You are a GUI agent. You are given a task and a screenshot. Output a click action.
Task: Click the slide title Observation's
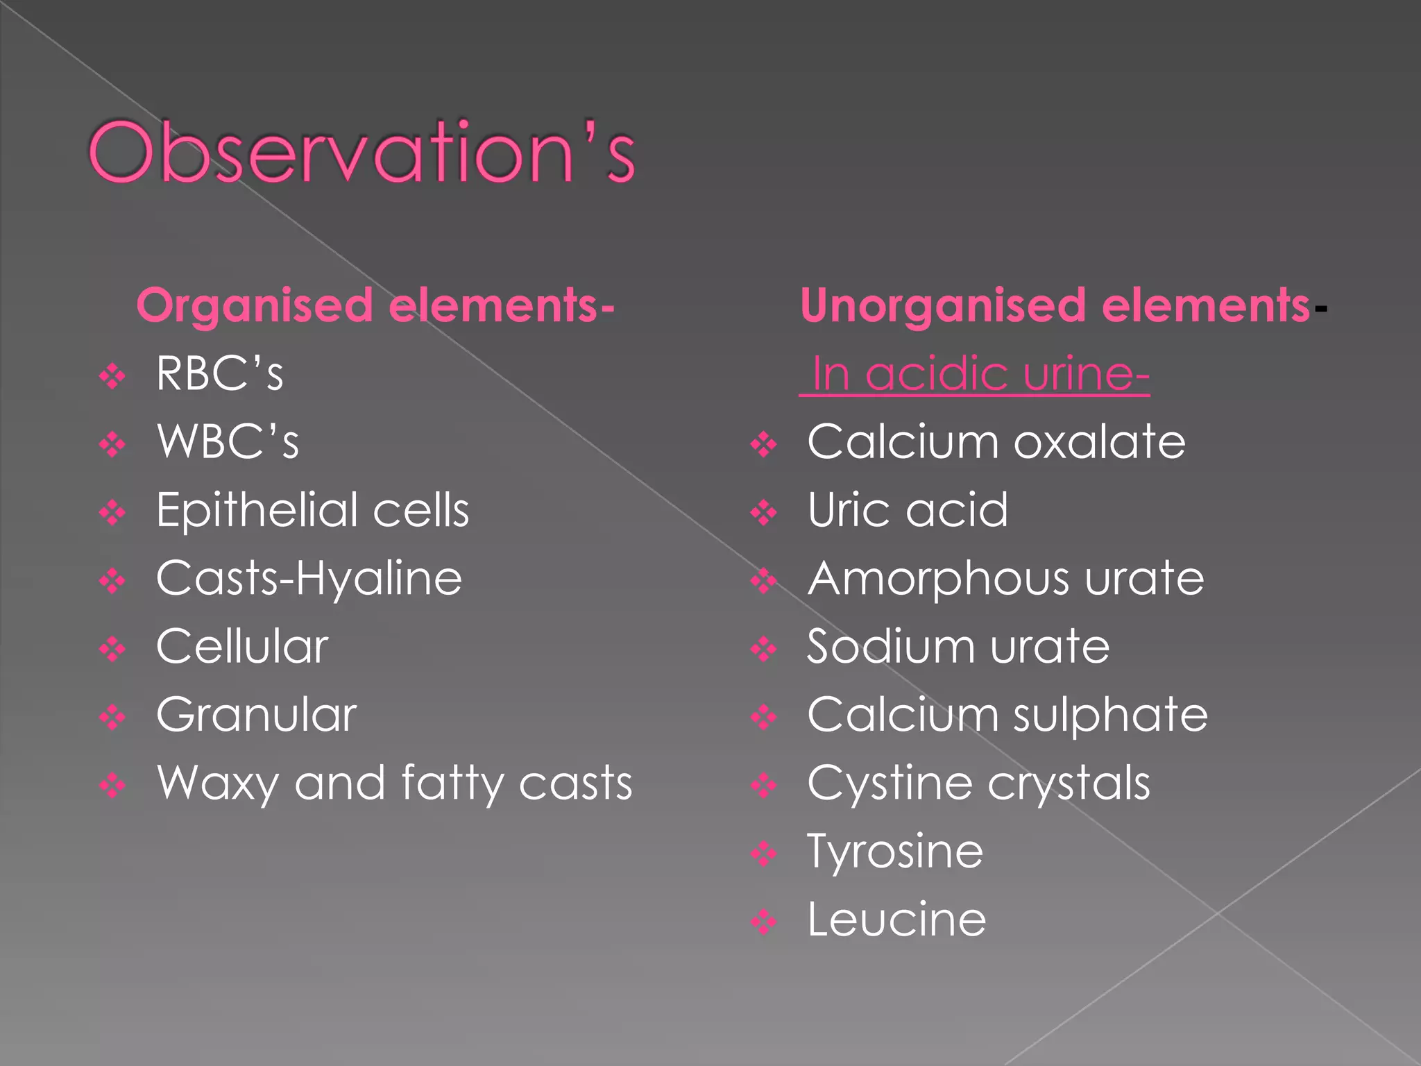pos(361,153)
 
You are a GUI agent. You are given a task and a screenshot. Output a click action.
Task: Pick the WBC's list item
pos(228,442)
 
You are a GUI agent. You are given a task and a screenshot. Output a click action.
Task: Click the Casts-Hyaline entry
pos(309,579)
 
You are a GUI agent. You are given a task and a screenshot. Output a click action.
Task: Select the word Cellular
pos(242,647)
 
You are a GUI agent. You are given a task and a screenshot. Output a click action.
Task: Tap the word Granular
pos(256,715)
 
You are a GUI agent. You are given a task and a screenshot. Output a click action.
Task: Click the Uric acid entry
pos(908,511)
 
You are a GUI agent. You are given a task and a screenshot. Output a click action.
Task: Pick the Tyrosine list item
pos(895,852)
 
